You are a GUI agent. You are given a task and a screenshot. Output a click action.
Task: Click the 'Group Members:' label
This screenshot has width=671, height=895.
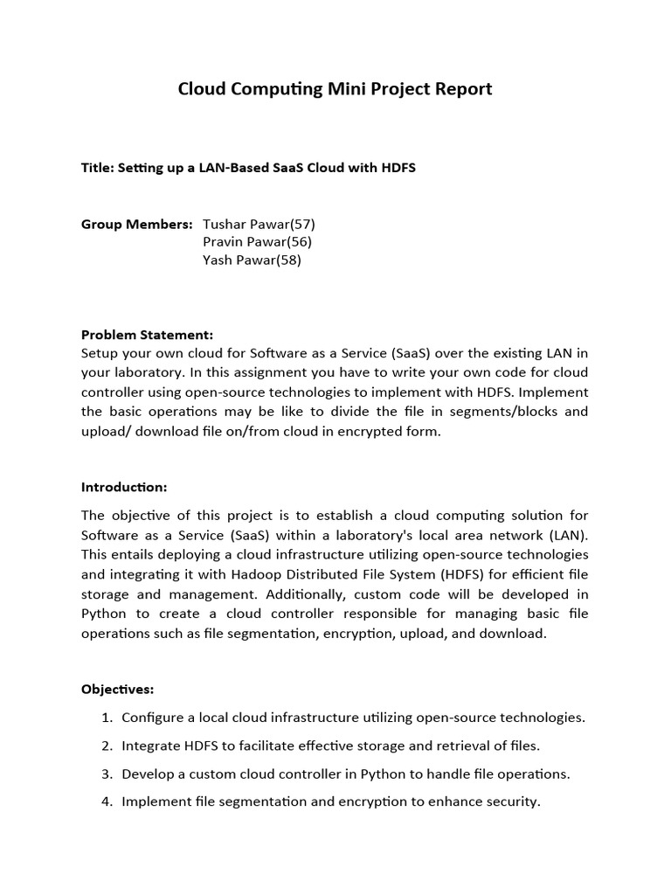pyautogui.click(x=136, y=224)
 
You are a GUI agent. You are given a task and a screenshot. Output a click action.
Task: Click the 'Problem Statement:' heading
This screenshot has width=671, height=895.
pyautogui.click(x=147, y=335)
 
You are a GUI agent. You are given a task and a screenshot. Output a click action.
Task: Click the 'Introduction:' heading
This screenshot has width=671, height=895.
pyautogui.click(x=124, y=487)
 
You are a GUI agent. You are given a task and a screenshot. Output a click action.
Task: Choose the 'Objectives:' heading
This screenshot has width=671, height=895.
pyautogui.click(x=117, y=689)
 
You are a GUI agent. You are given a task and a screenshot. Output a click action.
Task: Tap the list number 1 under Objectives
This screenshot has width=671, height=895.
pyautogui.click(x=106, y=718)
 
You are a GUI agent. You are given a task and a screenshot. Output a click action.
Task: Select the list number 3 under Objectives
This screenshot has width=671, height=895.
pyautogui.click(x=106, y=774)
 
